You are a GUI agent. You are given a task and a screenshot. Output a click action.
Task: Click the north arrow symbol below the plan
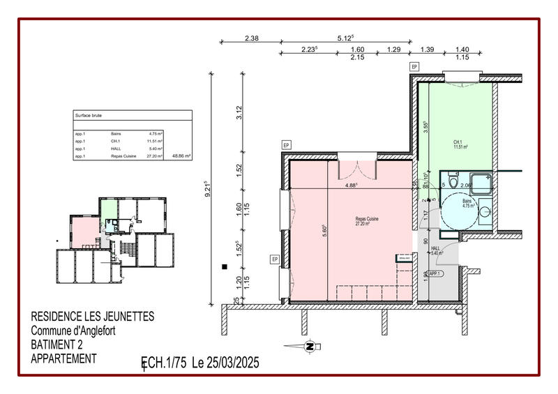308,345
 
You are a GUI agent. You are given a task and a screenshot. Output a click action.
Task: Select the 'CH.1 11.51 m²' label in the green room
460,144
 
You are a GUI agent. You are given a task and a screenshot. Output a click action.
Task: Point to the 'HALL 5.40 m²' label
437,251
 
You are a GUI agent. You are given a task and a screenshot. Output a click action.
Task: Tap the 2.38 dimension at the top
252,39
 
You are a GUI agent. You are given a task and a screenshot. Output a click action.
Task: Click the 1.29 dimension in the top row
393,50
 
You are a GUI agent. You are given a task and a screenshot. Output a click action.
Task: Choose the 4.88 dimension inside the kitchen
351,185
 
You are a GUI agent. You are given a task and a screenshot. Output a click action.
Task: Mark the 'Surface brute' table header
89,116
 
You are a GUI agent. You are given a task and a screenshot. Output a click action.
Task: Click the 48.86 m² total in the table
181,157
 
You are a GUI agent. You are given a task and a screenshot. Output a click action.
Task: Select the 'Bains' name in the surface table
116,133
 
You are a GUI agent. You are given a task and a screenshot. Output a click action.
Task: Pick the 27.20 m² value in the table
155,157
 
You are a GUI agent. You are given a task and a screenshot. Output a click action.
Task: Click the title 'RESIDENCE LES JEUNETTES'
93,317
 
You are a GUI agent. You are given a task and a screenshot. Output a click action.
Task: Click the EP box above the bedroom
414,66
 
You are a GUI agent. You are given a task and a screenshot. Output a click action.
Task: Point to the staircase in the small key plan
128,249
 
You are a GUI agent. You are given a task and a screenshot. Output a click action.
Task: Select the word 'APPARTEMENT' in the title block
63,358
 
